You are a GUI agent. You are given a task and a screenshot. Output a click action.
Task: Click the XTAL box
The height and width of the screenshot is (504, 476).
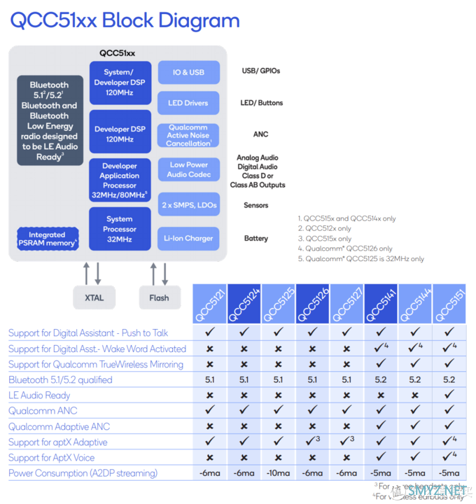[94, 297]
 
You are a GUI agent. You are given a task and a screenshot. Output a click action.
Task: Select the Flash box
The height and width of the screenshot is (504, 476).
[159, 297]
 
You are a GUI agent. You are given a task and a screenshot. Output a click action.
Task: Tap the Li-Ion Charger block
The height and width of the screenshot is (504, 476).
[188, 239]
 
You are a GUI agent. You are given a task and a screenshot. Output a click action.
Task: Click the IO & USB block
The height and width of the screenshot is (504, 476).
[188, 72]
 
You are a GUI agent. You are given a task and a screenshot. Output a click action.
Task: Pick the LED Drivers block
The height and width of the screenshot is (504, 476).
[188, 103]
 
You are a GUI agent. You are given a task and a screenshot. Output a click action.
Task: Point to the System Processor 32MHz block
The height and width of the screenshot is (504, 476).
[120, 229]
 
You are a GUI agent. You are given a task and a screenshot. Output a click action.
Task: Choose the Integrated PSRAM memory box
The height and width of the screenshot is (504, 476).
[48, 239]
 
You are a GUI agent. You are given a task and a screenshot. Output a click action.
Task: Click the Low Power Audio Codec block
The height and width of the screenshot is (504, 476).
[188, 170]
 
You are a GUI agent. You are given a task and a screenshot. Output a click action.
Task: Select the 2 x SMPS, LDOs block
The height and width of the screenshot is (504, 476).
[188, 206]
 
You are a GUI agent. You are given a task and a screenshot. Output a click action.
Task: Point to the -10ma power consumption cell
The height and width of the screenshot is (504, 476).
[279, 473]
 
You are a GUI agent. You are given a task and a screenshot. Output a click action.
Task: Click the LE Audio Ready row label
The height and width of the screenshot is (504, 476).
[39, 395]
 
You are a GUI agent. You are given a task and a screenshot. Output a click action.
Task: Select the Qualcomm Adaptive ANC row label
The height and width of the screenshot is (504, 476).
[59, 426]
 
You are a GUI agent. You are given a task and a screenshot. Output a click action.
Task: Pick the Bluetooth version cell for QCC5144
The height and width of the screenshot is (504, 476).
[415, 380]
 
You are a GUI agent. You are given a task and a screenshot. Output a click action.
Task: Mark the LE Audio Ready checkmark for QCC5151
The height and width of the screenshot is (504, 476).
[449, 395]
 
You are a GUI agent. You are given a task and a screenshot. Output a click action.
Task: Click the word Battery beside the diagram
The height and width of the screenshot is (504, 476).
[256, 239]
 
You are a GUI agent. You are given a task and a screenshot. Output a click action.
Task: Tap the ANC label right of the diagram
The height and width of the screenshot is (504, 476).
[260, 134]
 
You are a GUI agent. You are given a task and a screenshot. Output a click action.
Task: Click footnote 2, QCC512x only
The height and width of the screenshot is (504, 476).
[325, 228]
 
